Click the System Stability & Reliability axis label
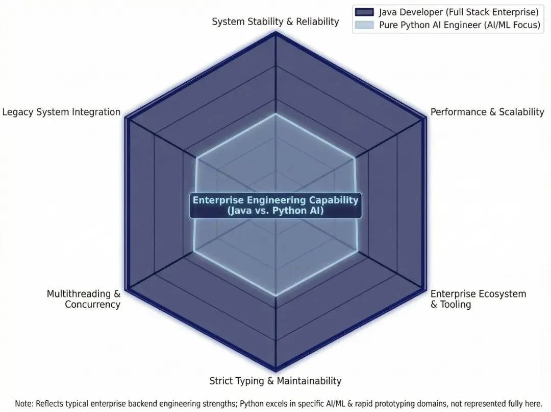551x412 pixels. [275, 21]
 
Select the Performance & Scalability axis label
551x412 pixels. [487, 112]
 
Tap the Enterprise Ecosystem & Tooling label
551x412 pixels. [478, 299]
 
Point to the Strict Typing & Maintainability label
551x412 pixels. [275, 381]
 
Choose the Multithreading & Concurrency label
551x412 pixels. [84, 299]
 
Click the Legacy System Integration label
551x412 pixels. [61, 112]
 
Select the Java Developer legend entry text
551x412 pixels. [459, 12]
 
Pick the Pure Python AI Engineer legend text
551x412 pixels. [459, 25]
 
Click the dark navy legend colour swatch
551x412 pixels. [365, 12]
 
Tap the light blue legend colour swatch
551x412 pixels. [365, 25]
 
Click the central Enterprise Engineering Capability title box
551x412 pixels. [275, 205]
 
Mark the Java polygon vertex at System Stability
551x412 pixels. [275, 33]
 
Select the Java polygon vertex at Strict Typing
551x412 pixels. [275, 370]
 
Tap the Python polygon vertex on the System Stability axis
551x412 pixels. [275, 114]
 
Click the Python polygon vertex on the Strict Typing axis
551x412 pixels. [275, 295]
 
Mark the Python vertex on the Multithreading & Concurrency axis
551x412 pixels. [194, 251]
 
